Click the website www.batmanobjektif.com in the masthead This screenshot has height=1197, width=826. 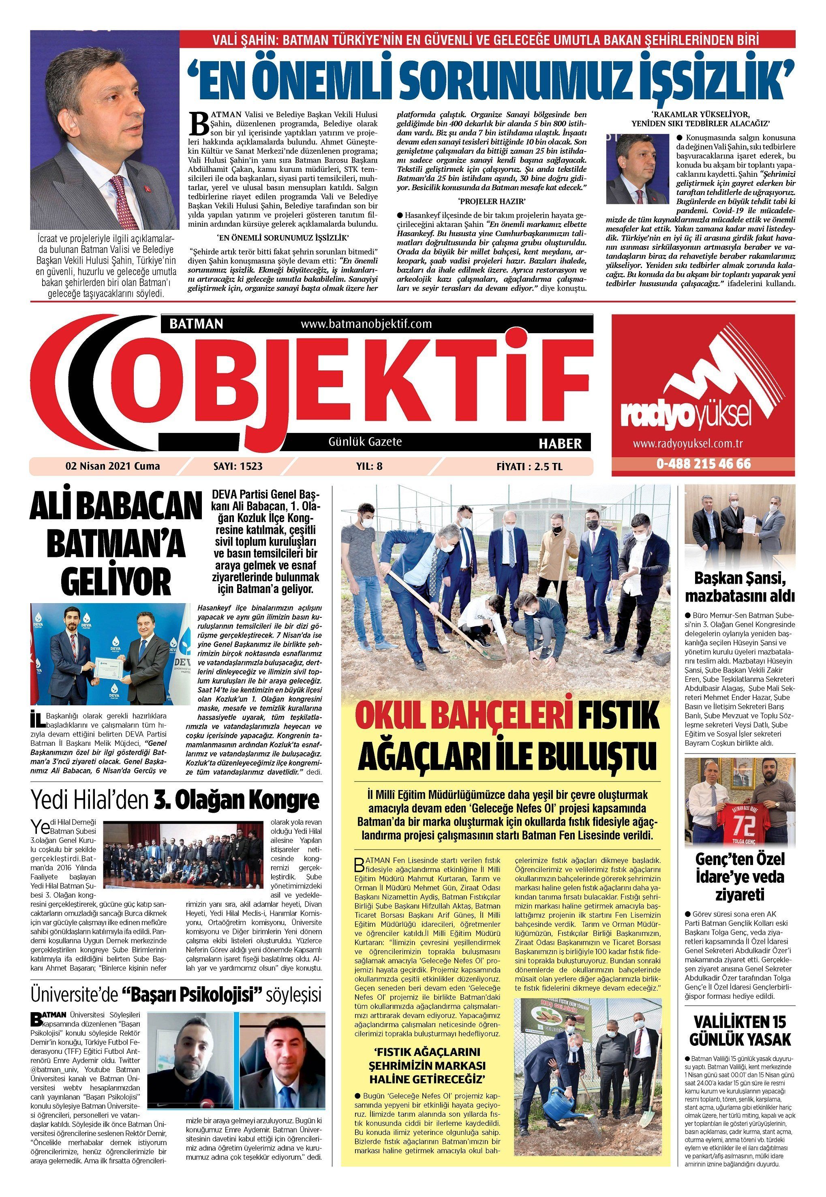tap(366, 324)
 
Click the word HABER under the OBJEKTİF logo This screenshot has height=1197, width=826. tap(560, 443)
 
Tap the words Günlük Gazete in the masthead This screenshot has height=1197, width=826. tap(365, 442)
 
